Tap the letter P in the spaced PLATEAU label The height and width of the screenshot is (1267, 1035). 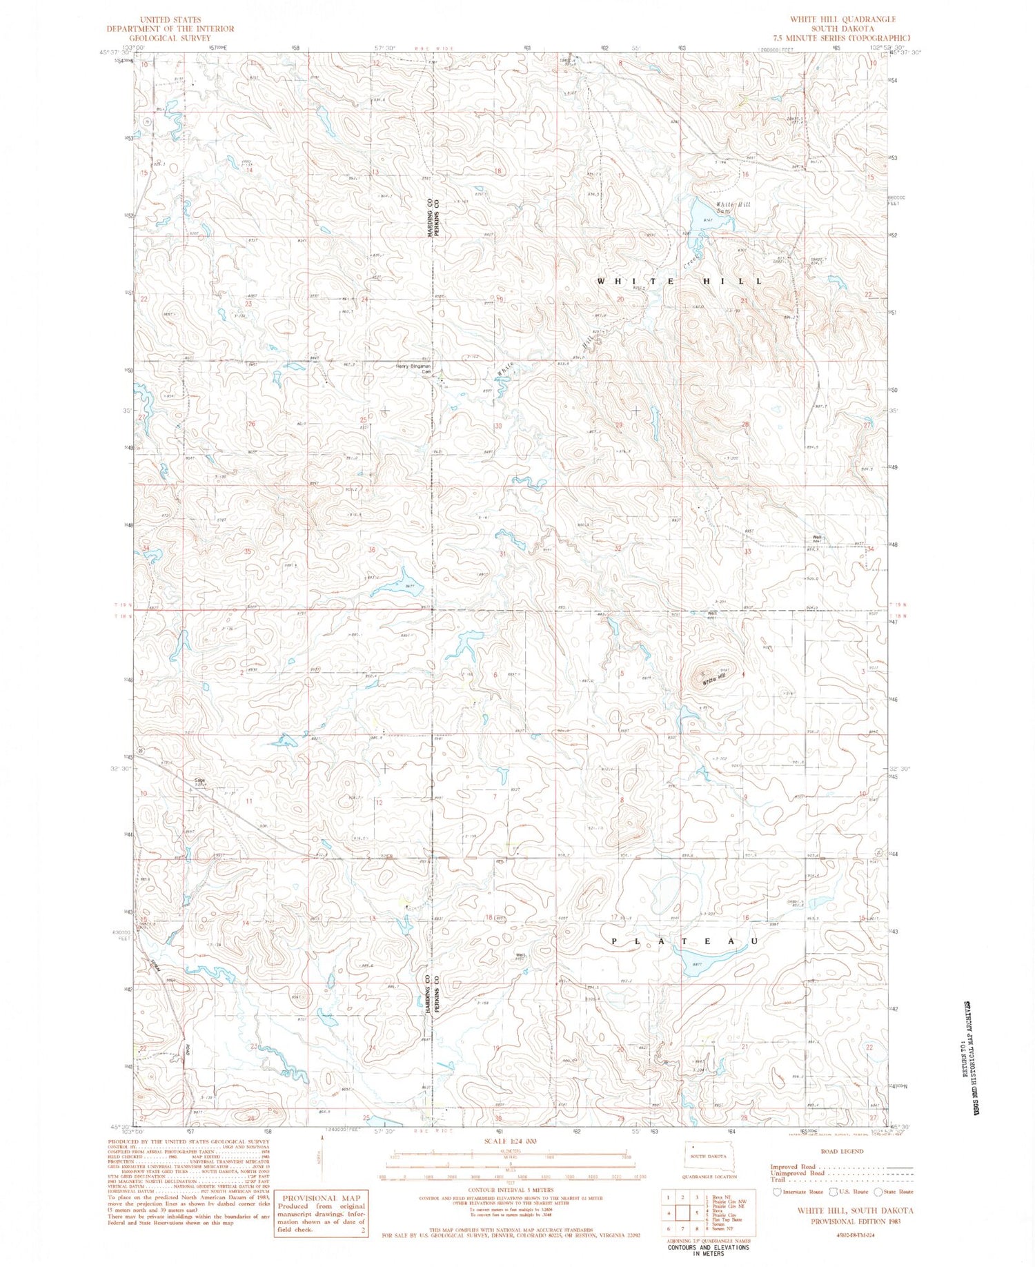click(615, 941)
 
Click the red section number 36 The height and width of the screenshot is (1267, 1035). click(372, 549)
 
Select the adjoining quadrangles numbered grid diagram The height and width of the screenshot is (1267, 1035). click(682, 1213)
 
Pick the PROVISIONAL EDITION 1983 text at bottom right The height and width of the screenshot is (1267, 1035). click(855, 1221)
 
